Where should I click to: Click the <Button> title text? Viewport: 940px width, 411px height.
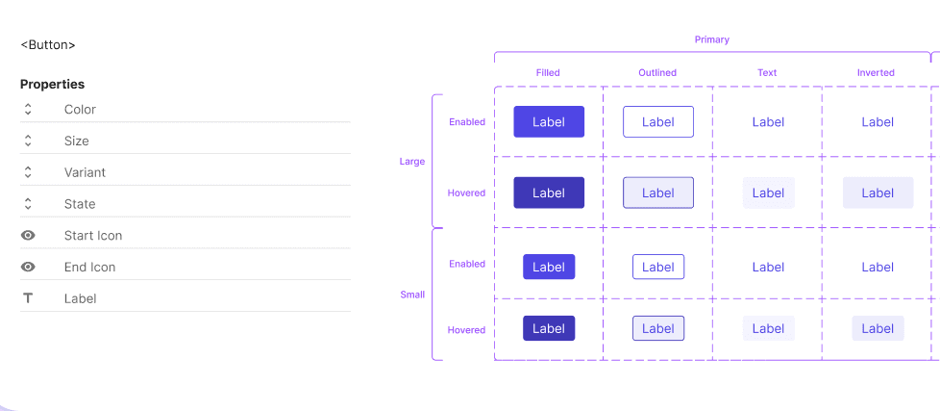pyautogui.click(x=48, y=44)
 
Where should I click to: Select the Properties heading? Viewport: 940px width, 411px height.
pyautogui.click(x=52, y=85)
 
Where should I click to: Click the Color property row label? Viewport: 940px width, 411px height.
pyautogui.click(x=80, y=110)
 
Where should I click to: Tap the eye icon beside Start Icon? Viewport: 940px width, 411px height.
pyautogui.click(x=28, y=236)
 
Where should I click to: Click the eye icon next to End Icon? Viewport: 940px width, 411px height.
pyautogui.click(x=28, y=268)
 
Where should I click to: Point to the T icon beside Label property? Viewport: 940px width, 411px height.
pyautogui.click(x=28, y=298)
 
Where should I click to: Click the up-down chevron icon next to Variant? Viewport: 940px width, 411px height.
pyautogui.click(x=28, y=172)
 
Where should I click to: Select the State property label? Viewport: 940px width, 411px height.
pyautogui.click(x=80, y=204)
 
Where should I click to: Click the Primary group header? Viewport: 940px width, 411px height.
pyautogui.click(x=711, y=39)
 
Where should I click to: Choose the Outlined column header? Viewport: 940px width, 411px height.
pyautogui.click(x=657, y=73)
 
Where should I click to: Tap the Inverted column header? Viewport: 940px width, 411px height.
pyautogui.click(x=876, y=73)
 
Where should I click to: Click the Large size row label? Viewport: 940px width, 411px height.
pyautogui.click(x=411, y=162)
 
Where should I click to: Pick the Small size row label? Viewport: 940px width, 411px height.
pyautogui.click(x=412, y=295)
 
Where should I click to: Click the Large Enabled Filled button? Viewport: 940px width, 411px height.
pyautogui.click(x=549, y=122)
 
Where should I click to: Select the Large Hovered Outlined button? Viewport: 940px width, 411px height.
pyautogui.click(x=658, y=193)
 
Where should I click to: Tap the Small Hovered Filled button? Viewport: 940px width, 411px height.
pyautogui.click(x=549, y=328)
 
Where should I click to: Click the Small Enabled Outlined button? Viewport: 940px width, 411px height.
pyautogui.click(x=658, y=267)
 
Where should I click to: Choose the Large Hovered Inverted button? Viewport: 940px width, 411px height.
pyautogui.click(x=878, y=193)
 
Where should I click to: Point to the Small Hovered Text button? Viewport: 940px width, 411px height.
pyautogui.click(x=768, y=328)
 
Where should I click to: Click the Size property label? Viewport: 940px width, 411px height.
pyautogui.click(x=77, y=141)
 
